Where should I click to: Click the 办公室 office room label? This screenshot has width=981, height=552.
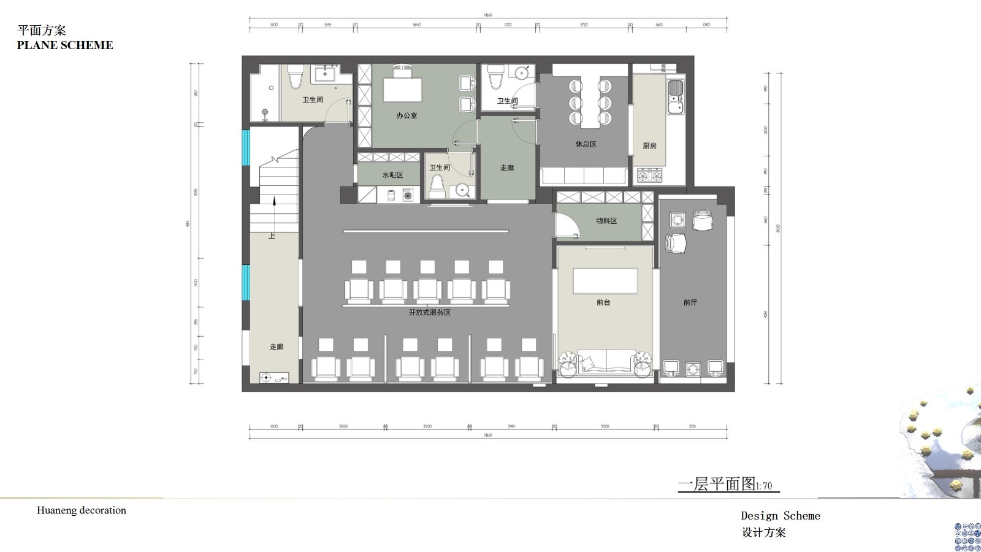point(407,115)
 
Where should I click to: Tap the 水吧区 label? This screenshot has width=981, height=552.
point(392,175)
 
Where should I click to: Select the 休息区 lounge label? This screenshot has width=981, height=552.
point(586,144)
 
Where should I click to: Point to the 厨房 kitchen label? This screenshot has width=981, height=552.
point(649,146)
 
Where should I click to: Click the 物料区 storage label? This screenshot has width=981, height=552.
point(606,221)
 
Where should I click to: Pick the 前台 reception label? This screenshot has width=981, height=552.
point(603,302)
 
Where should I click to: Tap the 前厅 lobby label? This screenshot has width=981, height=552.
point(690,302)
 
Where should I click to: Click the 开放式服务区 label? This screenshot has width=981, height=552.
point(429,312)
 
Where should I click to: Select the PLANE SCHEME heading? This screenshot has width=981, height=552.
point(65,45)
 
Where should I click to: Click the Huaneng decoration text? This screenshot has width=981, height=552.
point(82,510)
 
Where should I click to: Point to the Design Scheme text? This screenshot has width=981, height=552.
point(780,516)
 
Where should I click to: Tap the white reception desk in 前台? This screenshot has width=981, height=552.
point(605,282)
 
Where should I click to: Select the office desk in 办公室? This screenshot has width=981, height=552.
point(403,90)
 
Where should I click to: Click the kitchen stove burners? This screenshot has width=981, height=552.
point(650,176)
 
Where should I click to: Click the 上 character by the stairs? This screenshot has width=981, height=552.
point(272,236)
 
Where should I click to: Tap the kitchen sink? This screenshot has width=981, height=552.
point(675,98)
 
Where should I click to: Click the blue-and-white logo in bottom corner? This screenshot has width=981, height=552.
point(968,537)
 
